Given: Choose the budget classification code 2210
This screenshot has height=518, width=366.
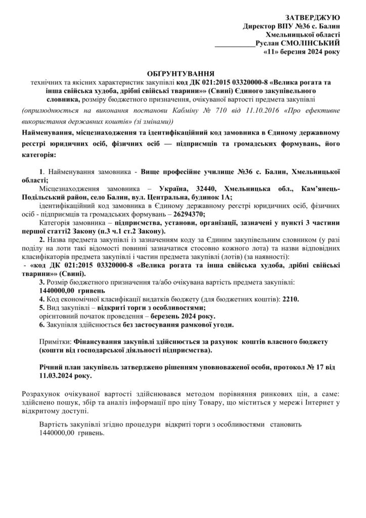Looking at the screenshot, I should [x=290, y=299].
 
